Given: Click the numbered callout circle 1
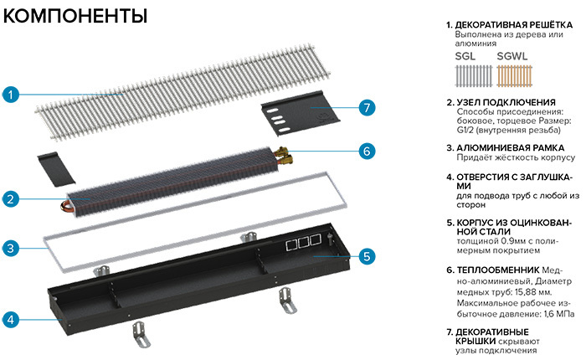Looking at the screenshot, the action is point(11,95).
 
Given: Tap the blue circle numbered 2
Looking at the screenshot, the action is point(11,199).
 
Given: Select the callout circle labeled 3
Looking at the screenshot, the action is point(11,248).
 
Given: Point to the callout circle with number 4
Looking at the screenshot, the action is point(11,320).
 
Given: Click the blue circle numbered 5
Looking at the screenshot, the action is point(367,256).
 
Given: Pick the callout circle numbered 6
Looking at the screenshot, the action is point(367,151).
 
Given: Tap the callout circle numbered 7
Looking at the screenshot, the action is point(367,108).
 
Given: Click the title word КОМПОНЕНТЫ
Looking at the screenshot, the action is point(75,16).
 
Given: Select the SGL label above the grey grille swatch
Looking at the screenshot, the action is point(465,56).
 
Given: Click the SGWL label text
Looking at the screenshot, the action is point(512,56).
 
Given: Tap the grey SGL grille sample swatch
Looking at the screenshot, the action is point(474,76).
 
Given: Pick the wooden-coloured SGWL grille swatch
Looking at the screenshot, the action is point(515,76).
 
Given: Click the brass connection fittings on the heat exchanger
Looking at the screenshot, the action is point(283,157).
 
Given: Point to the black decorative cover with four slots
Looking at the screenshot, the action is point(300,112).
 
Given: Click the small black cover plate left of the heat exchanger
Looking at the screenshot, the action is point(56,169).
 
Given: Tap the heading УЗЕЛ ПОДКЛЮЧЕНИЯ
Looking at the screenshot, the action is point(506,102).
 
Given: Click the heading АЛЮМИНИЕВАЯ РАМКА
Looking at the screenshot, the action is point(510,148).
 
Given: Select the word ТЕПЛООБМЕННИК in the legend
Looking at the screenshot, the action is point(498,270).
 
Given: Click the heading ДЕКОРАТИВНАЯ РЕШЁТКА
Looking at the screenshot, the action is point(513,25).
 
